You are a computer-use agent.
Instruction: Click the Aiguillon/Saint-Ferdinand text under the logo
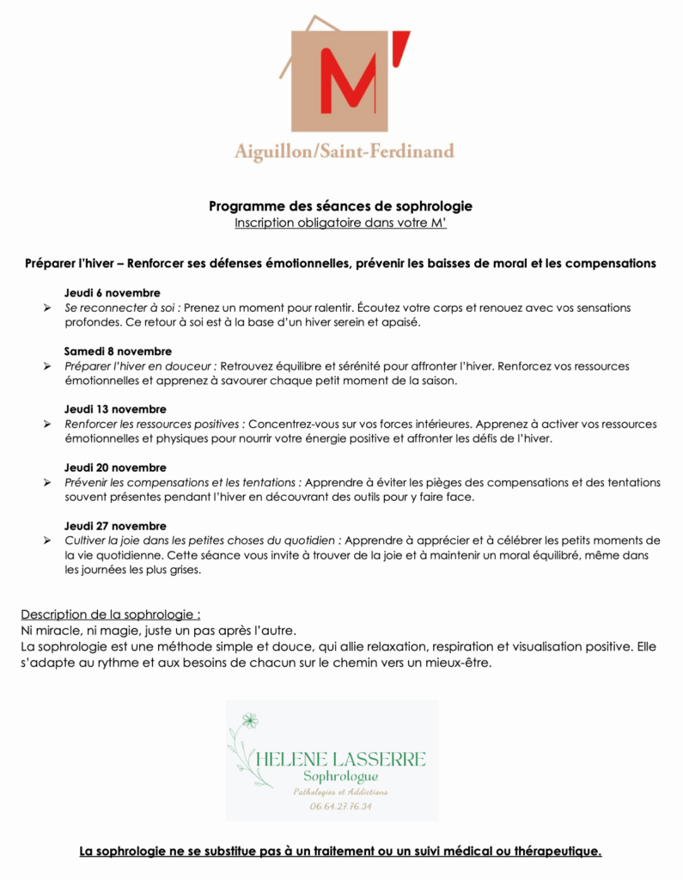(344, 152)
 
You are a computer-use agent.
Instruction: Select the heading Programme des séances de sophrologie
(341, 206)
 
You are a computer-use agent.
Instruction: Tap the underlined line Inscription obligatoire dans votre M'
(341, 223)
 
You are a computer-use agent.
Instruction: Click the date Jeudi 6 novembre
(112, 293)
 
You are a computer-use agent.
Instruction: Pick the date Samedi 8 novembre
(118, 351)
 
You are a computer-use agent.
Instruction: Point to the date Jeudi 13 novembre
(115, 409)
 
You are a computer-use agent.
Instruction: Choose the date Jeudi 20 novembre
(115, 467)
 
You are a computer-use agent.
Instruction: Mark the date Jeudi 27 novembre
(115, 526)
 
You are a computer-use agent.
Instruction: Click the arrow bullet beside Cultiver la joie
(47, 541)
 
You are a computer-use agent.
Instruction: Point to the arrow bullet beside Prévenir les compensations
(47, 483)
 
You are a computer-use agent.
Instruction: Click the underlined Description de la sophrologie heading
(111, 614)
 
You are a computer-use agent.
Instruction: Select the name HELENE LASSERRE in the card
(341, 759)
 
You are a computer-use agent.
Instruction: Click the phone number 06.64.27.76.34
(341, 806)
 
